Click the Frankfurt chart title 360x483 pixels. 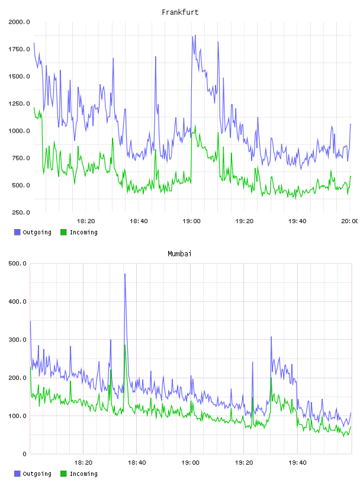(180, 12)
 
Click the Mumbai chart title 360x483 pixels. (179, 254)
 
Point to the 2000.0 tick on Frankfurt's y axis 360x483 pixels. (19, 22)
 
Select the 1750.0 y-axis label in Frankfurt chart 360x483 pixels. (19, 49)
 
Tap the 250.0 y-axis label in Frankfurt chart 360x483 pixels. (21, 212)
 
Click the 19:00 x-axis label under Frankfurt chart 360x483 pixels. (191, 221)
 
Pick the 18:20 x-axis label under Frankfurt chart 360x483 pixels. (86, 221)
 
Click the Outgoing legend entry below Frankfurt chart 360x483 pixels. (33, 232)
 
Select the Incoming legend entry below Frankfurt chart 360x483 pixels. (79, 232)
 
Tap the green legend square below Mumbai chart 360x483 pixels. (63, 474)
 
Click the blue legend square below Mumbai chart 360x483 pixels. (17, 474)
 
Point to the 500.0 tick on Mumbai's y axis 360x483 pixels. (18, 263)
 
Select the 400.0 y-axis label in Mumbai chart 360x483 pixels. (18, 301)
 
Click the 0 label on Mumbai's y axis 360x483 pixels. (25, 454)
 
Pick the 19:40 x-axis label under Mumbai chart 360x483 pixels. (297, 463)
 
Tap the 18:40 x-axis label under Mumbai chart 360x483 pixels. (137, 463)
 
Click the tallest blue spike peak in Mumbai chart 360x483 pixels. (125, 274)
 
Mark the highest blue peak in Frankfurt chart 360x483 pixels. (195, 36)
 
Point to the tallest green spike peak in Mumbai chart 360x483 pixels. (125, 345)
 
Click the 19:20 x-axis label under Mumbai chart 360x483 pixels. (244, 463)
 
